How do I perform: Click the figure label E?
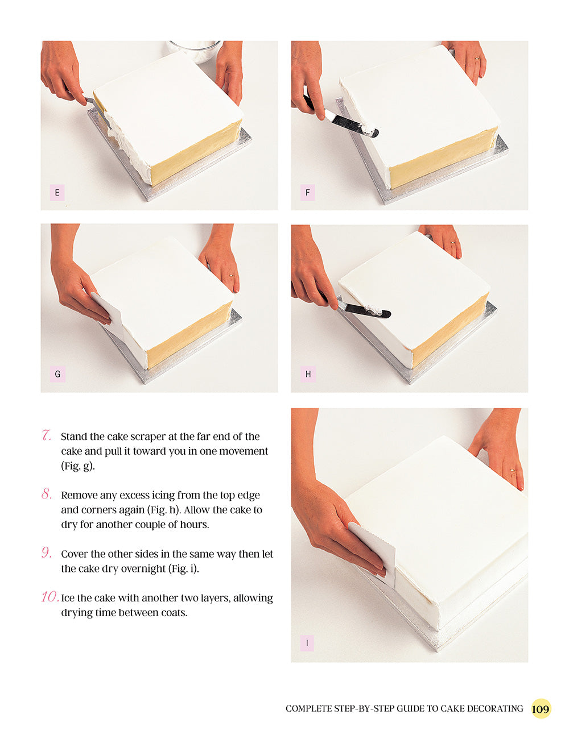coord(57,193)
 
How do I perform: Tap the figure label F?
coord(307,193)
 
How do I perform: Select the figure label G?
coord(57,374)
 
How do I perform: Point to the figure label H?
coord(308,374)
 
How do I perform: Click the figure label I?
coord(307,643)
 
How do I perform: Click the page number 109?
coord(541,709)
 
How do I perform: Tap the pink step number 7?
coord(47,436)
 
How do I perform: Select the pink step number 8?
coord(47,495)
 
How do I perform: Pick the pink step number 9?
coord(47,553)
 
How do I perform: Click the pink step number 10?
coord(50,597)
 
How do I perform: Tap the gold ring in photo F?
coord(477,58)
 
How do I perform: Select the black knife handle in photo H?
coord(370,311)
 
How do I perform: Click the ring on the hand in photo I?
coord(513,470)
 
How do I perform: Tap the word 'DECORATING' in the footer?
coord(494,709)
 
